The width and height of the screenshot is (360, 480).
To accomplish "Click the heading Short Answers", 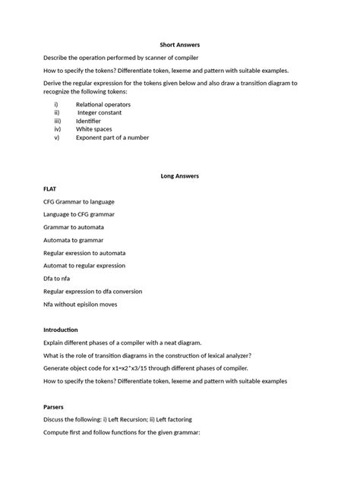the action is coord(179,45).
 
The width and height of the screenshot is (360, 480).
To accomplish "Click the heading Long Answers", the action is coord(179,175).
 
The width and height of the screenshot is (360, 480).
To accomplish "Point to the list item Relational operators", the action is coord(103,104).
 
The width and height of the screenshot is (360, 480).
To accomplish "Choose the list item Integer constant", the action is coord(103,112).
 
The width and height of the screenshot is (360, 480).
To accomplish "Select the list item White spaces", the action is coord(95,129).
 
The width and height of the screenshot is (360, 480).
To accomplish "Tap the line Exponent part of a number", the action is coord(112,137).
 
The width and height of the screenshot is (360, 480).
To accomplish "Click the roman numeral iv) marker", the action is coord(56,129).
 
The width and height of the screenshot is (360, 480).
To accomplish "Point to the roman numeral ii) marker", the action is coord(55,112).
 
